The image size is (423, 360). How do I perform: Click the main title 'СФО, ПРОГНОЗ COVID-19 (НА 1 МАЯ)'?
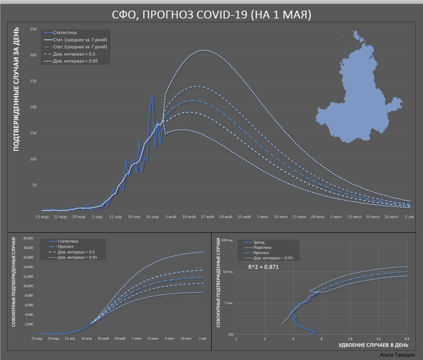click(x=211, y=13)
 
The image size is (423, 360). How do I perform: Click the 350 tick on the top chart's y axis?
click(x=33, y=30)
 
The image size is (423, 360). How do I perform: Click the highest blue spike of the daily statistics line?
click(x=153, y=95)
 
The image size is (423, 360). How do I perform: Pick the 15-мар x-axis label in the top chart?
click(x=42, y=217)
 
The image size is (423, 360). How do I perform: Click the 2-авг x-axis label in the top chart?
click(x=409, y=217)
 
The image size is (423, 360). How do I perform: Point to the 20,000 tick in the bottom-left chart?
click(x=26, y=238)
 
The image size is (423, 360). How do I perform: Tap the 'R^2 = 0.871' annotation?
click(x=265, y=268)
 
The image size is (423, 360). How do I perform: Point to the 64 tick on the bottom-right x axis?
click(x=406, y=338)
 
